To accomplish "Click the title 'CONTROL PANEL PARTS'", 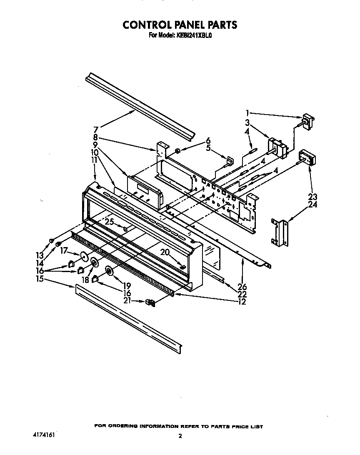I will coord(180,25).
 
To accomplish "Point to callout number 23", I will coord(312,197).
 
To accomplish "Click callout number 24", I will coord(312,204).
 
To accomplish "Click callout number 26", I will coord(242,287).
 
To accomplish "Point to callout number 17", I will coord(64,251).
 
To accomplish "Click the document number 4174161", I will coord(43,434).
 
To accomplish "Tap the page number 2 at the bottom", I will coord(180,437).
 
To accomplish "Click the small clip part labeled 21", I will coord(150,303).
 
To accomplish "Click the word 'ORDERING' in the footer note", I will coord(128,426).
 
